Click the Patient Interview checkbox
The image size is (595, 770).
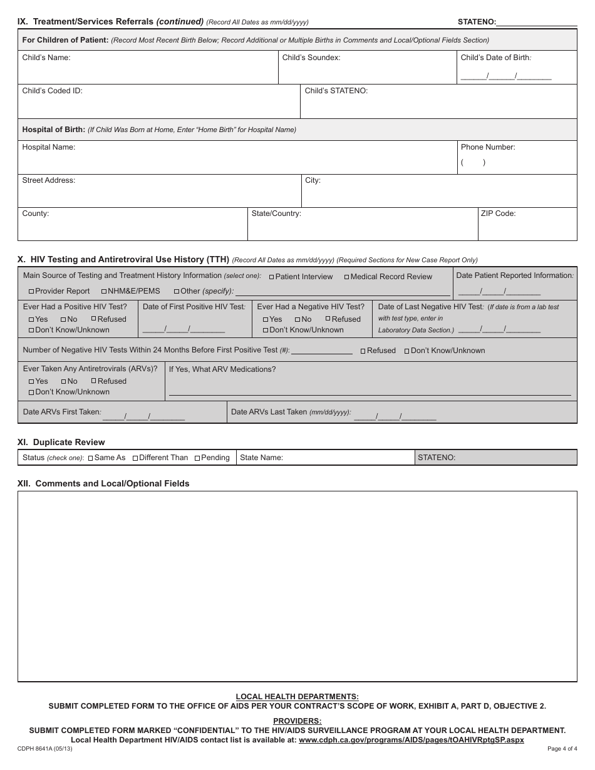tap(272, 277)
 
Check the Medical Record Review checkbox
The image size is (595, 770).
tap(347, 277)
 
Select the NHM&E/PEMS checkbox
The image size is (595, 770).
tap(104, 291)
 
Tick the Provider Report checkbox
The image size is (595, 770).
tap(31, 291)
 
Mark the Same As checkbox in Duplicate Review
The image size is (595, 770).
tap(90, 458)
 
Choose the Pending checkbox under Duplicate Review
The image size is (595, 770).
tap(197, 458)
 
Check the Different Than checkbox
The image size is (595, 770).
tap(135, 458)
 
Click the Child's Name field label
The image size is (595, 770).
tap(46, 58)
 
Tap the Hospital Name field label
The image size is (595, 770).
tap(48, 147)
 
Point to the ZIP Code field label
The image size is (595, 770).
tap(498, 213)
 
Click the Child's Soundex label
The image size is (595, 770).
tap(311, 58)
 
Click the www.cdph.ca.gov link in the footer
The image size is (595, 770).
tap(411, 739)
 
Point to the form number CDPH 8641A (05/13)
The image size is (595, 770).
tap(44, 749)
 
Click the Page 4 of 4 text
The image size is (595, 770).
tap(562, 749)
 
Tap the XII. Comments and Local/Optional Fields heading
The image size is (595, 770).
tap(103, 483)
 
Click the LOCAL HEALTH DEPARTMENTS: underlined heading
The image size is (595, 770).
tap(297, 696)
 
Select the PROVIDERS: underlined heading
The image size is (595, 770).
tap(297, 721)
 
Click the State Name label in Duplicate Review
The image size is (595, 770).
tap(261, 458)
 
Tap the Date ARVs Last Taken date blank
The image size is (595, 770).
tap(395, 416)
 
